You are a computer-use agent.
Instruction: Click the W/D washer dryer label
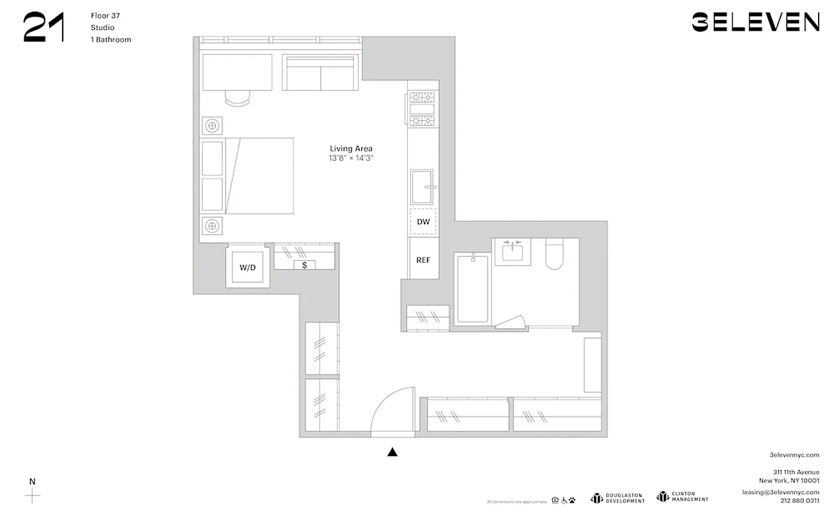coord(247,268)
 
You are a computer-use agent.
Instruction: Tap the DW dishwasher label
coord(423,222)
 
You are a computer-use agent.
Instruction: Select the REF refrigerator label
coord(423,260)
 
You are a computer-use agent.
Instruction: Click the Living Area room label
coord(351,149)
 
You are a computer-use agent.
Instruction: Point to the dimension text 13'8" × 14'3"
coord(351,158)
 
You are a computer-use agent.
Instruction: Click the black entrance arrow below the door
coord(392,452)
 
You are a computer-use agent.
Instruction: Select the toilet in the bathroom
coord(553,254)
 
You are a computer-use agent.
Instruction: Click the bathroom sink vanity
coord(512,252)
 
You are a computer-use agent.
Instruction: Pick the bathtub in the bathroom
coord(473,289)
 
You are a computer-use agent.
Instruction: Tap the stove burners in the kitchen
coord(422,109)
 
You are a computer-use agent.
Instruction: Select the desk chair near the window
coord(238,98)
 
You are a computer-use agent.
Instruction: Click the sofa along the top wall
coord(321,73)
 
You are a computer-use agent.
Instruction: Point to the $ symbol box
coord(304,264)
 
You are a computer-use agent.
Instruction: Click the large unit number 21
coord(44,28)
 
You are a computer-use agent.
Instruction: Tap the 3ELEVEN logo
coord(755,22)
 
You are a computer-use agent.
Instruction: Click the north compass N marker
coord(32,481)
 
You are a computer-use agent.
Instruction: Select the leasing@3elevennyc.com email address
coord(780,492)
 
